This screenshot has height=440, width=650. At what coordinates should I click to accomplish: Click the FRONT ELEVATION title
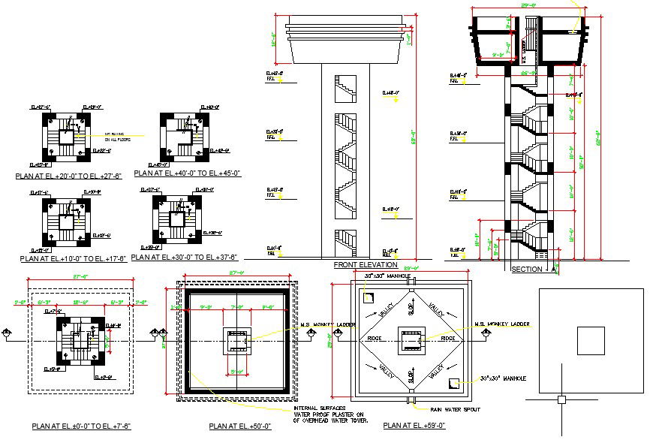(x=365, y=265)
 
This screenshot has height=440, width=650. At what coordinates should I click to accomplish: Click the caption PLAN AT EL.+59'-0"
(x=413, y=426)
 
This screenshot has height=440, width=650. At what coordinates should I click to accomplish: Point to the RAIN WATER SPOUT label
(x=456, y=410)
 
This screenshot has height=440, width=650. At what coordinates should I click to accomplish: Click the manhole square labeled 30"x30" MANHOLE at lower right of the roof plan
(x=453, y=383)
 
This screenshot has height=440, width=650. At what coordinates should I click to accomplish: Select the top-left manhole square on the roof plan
(x=367, y=297)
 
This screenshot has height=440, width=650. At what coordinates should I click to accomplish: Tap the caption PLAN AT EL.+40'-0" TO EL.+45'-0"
(x=187, y=173)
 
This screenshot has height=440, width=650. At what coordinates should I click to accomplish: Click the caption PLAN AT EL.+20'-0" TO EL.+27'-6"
(x=68, y=176)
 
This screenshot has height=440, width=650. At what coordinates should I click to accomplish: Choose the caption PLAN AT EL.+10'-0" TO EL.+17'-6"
(x=68, y=258)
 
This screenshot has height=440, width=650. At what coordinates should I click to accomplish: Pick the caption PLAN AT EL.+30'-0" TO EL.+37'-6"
(x=184, y=257)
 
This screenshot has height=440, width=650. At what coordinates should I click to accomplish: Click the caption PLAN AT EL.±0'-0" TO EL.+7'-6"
(x=72, y=426)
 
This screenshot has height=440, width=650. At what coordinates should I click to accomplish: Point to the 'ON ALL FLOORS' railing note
(x=116, y=140)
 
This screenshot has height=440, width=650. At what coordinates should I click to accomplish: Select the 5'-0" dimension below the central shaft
(x=236, y=371)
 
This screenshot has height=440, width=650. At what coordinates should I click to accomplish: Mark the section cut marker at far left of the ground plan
(x=7, y=333)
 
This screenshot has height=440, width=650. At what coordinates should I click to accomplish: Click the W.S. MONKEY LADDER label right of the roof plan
(x=502, y=324)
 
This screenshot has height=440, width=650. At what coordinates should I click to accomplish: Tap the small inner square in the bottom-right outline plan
(x=590, y=340)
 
